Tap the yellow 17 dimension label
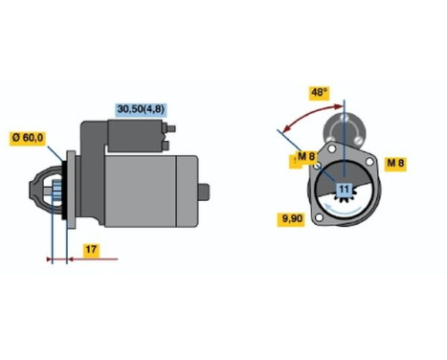click(90, 251)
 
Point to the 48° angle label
click(320, 93)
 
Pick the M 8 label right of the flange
click(395, 163)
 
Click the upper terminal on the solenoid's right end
click(168, 134)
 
